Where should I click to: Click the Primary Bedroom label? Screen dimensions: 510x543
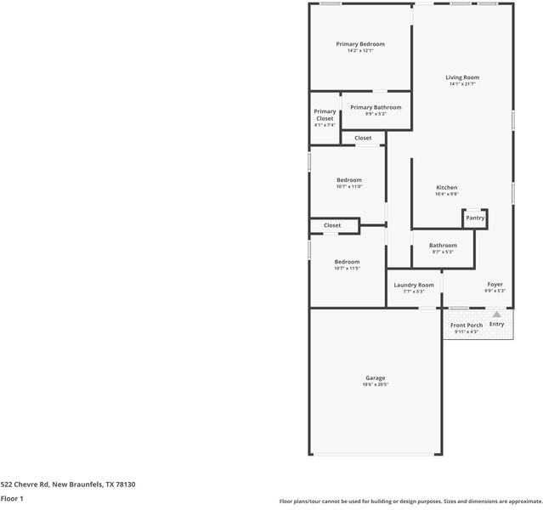coord(359,44)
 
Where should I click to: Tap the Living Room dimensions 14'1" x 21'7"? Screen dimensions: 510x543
coord(462,84)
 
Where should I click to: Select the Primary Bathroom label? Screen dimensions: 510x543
coord(376,107)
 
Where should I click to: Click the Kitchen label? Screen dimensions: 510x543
coord(447,187)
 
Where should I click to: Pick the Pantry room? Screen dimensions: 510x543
coord(475,218)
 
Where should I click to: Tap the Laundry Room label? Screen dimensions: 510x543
coord(414,285)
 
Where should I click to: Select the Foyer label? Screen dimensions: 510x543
coord(495,284)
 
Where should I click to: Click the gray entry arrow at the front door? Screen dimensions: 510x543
coord(497,314)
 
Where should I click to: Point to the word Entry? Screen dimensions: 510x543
coord(497,324)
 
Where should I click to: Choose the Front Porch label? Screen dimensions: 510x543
coord(467,325)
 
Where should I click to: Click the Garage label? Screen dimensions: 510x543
coord(375,377)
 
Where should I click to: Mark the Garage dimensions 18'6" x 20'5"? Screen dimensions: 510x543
coord(375,385)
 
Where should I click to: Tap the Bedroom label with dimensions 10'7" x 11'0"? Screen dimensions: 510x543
coord(348,180)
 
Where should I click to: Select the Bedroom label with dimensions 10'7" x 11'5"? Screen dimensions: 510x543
coord(347,262)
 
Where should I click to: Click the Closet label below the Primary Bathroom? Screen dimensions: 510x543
coord(363,138)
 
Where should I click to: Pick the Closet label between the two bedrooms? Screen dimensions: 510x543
coord(332,225)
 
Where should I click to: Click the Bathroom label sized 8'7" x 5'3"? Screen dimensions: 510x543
coord(443,246)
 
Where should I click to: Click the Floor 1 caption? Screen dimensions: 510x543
coord(12,499)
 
